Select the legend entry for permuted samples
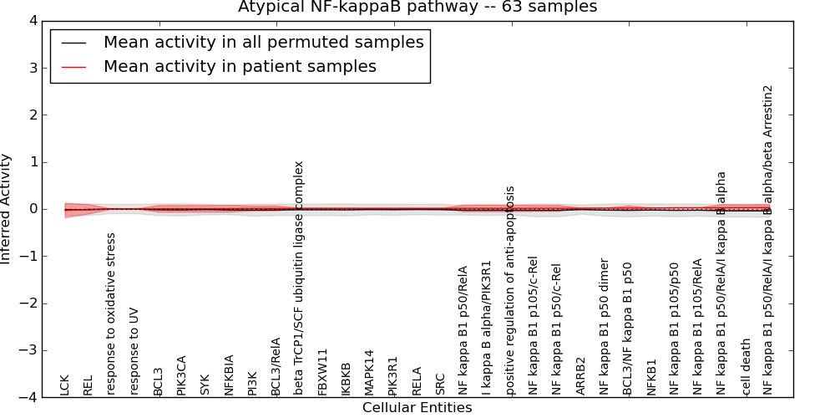pos(263,42)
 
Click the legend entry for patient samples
pos(240,66)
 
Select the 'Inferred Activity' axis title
pos(7,209)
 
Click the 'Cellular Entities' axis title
pos(417,408)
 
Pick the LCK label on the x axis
pos(65,385)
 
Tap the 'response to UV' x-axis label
pos(134,351)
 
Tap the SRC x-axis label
pos(440,385)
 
